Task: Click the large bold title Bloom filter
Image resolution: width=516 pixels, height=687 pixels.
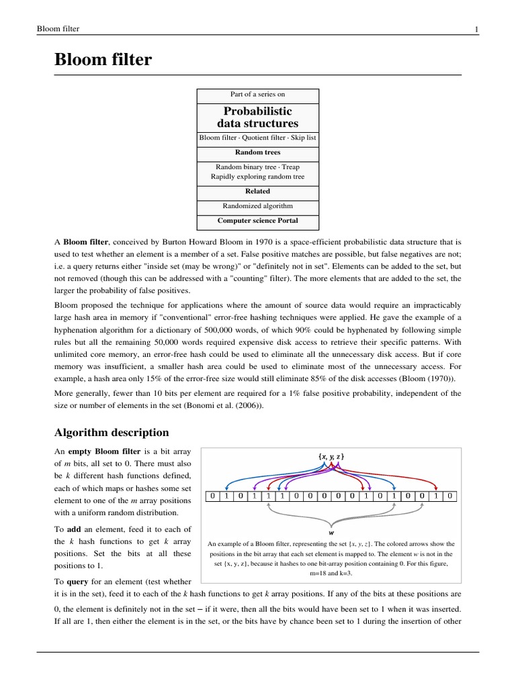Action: click(x=103, y=60)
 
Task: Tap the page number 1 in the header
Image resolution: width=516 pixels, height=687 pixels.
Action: click(x=476, y=29)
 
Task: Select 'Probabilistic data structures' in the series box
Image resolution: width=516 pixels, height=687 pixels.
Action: click(x=258, y=117)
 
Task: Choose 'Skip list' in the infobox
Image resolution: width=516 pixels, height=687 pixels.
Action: click(x=303, y=138)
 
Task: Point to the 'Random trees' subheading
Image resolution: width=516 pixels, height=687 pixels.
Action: click(x=258, y=152)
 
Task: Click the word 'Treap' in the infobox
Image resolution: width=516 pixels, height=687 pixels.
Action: click(x=290, y=166)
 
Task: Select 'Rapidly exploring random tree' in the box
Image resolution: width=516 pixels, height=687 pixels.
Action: click(x=258, y=177)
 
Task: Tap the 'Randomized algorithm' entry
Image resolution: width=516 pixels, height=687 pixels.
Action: click(x=258, y=205)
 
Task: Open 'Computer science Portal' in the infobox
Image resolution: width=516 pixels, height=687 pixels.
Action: click(x=258, y=220)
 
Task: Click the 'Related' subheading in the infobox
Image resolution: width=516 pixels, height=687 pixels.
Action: click(x=258, y=191)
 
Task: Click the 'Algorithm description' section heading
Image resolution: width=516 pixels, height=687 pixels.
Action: click(x=112, y=432)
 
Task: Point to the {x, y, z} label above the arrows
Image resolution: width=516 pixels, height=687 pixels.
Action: click(x=331, y=456)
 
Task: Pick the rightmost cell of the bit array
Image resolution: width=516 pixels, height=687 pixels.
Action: click(x=450, y=496)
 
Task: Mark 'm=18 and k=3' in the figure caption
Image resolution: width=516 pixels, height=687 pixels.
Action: click(x=331, y=574)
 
